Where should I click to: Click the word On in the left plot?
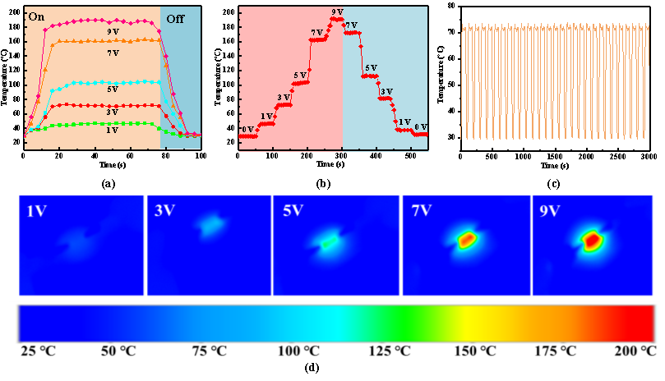[x=36, y=16]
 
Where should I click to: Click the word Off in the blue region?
[x=175, y=18]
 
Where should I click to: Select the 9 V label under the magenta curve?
[x=113, y=31]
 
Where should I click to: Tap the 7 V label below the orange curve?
[x=113, y=53]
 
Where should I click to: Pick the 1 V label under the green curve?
[x=113, y=131]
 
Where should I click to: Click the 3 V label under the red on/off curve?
[x=113, y=112]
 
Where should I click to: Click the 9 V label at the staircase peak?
[x=337, y=11]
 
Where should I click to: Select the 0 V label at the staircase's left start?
[x=247, y=129]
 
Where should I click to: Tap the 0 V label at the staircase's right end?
[x=421, y=126]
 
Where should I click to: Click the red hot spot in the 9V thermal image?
[x=591, y=240]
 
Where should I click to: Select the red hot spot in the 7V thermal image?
[x=466, y=240]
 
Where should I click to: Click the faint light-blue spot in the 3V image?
[x=212, y=223]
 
